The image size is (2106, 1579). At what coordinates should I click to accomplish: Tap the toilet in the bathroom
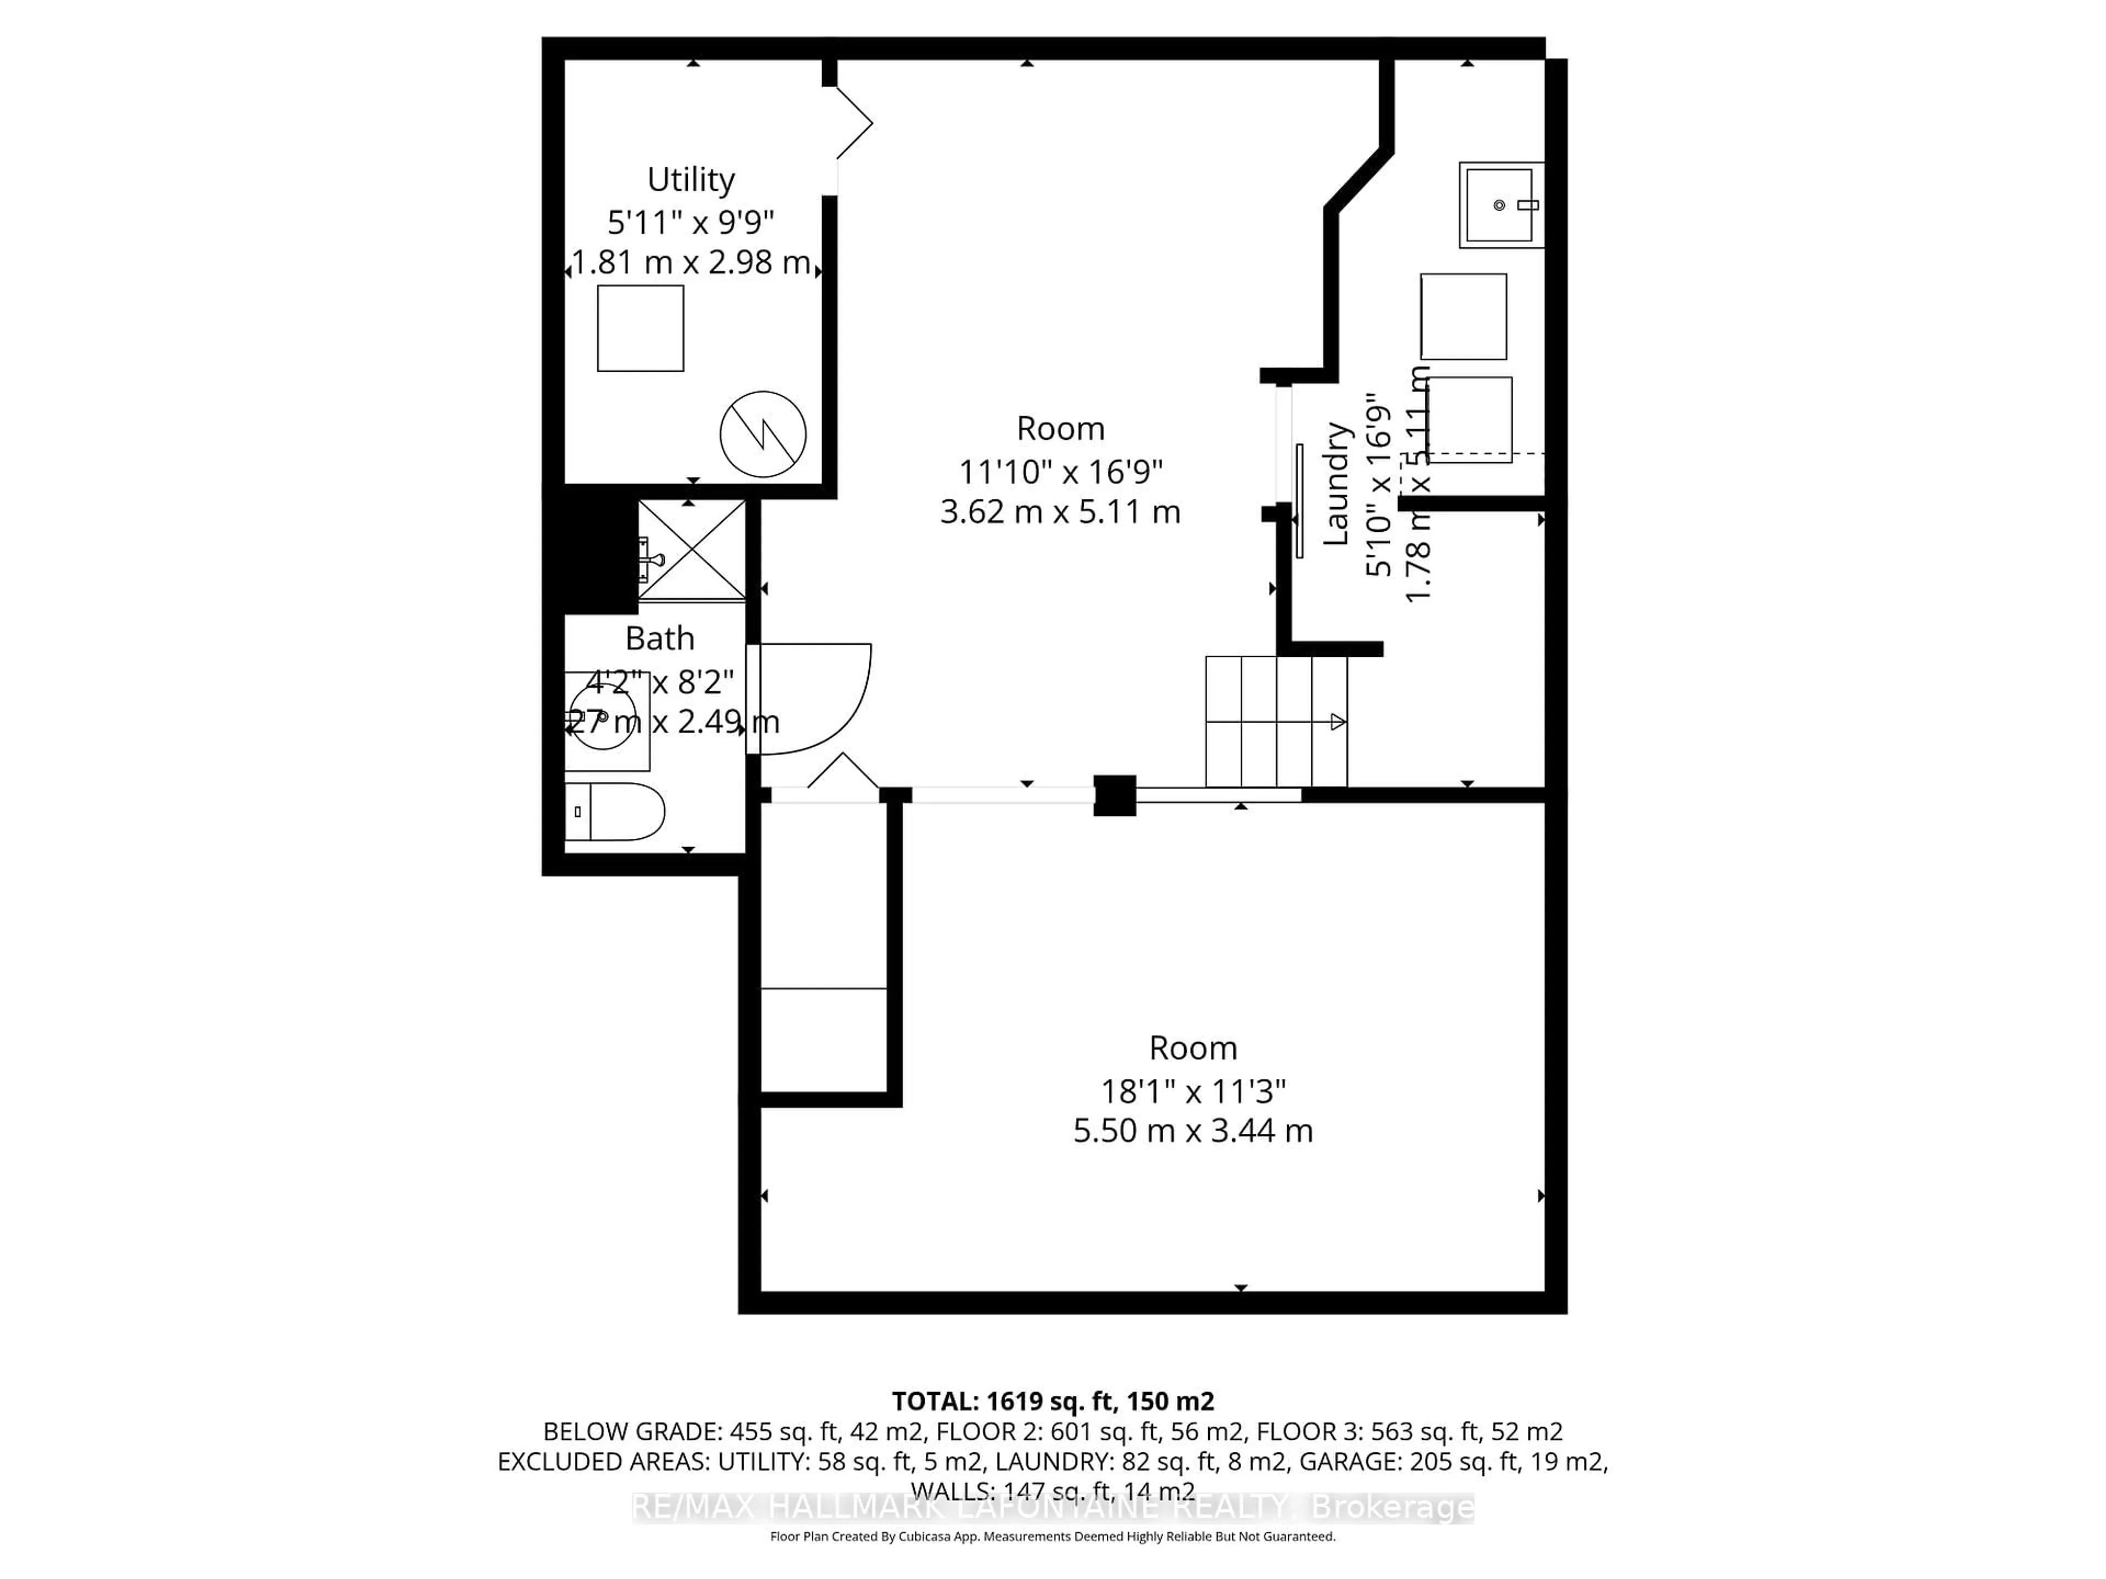[614, 812]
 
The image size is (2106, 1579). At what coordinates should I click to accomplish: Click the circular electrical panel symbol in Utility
[763, 434]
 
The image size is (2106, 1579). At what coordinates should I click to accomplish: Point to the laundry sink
[1501, 205]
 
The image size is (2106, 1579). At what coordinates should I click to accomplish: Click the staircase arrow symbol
[1337, 723]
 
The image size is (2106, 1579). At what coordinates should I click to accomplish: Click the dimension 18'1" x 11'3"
[1193, 1090]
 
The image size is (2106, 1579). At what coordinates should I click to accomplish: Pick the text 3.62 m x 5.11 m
[1060, 512]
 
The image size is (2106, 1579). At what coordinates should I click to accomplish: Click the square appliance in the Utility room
[640, 328]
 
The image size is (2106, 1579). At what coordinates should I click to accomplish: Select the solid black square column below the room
[1114, 796]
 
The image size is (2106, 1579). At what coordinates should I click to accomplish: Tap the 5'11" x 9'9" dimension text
[690, 221]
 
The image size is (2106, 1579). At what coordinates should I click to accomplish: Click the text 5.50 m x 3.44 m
[1193, 1131]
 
